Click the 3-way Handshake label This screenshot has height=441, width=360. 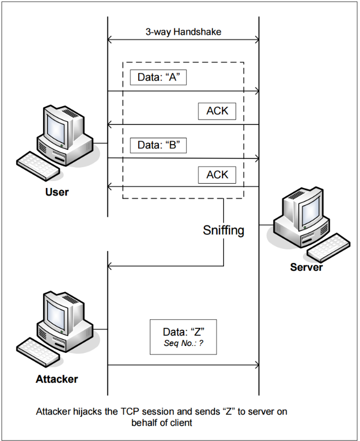tap(183, 31)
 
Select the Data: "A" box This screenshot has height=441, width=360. tap(158, 77)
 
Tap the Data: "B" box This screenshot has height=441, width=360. tap(158, 145)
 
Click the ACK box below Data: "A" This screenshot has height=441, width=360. tap(217, 111)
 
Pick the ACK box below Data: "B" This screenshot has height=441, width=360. tap(217, 175)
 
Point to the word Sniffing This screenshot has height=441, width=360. tap(223, 231)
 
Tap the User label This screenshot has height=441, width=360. tap(57, 192)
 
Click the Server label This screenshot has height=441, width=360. tap(306, 266)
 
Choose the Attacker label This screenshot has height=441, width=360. tap(57, 380)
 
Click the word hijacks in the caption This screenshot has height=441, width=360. tap(87, 412)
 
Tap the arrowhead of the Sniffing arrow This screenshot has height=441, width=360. tap(110, 266)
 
